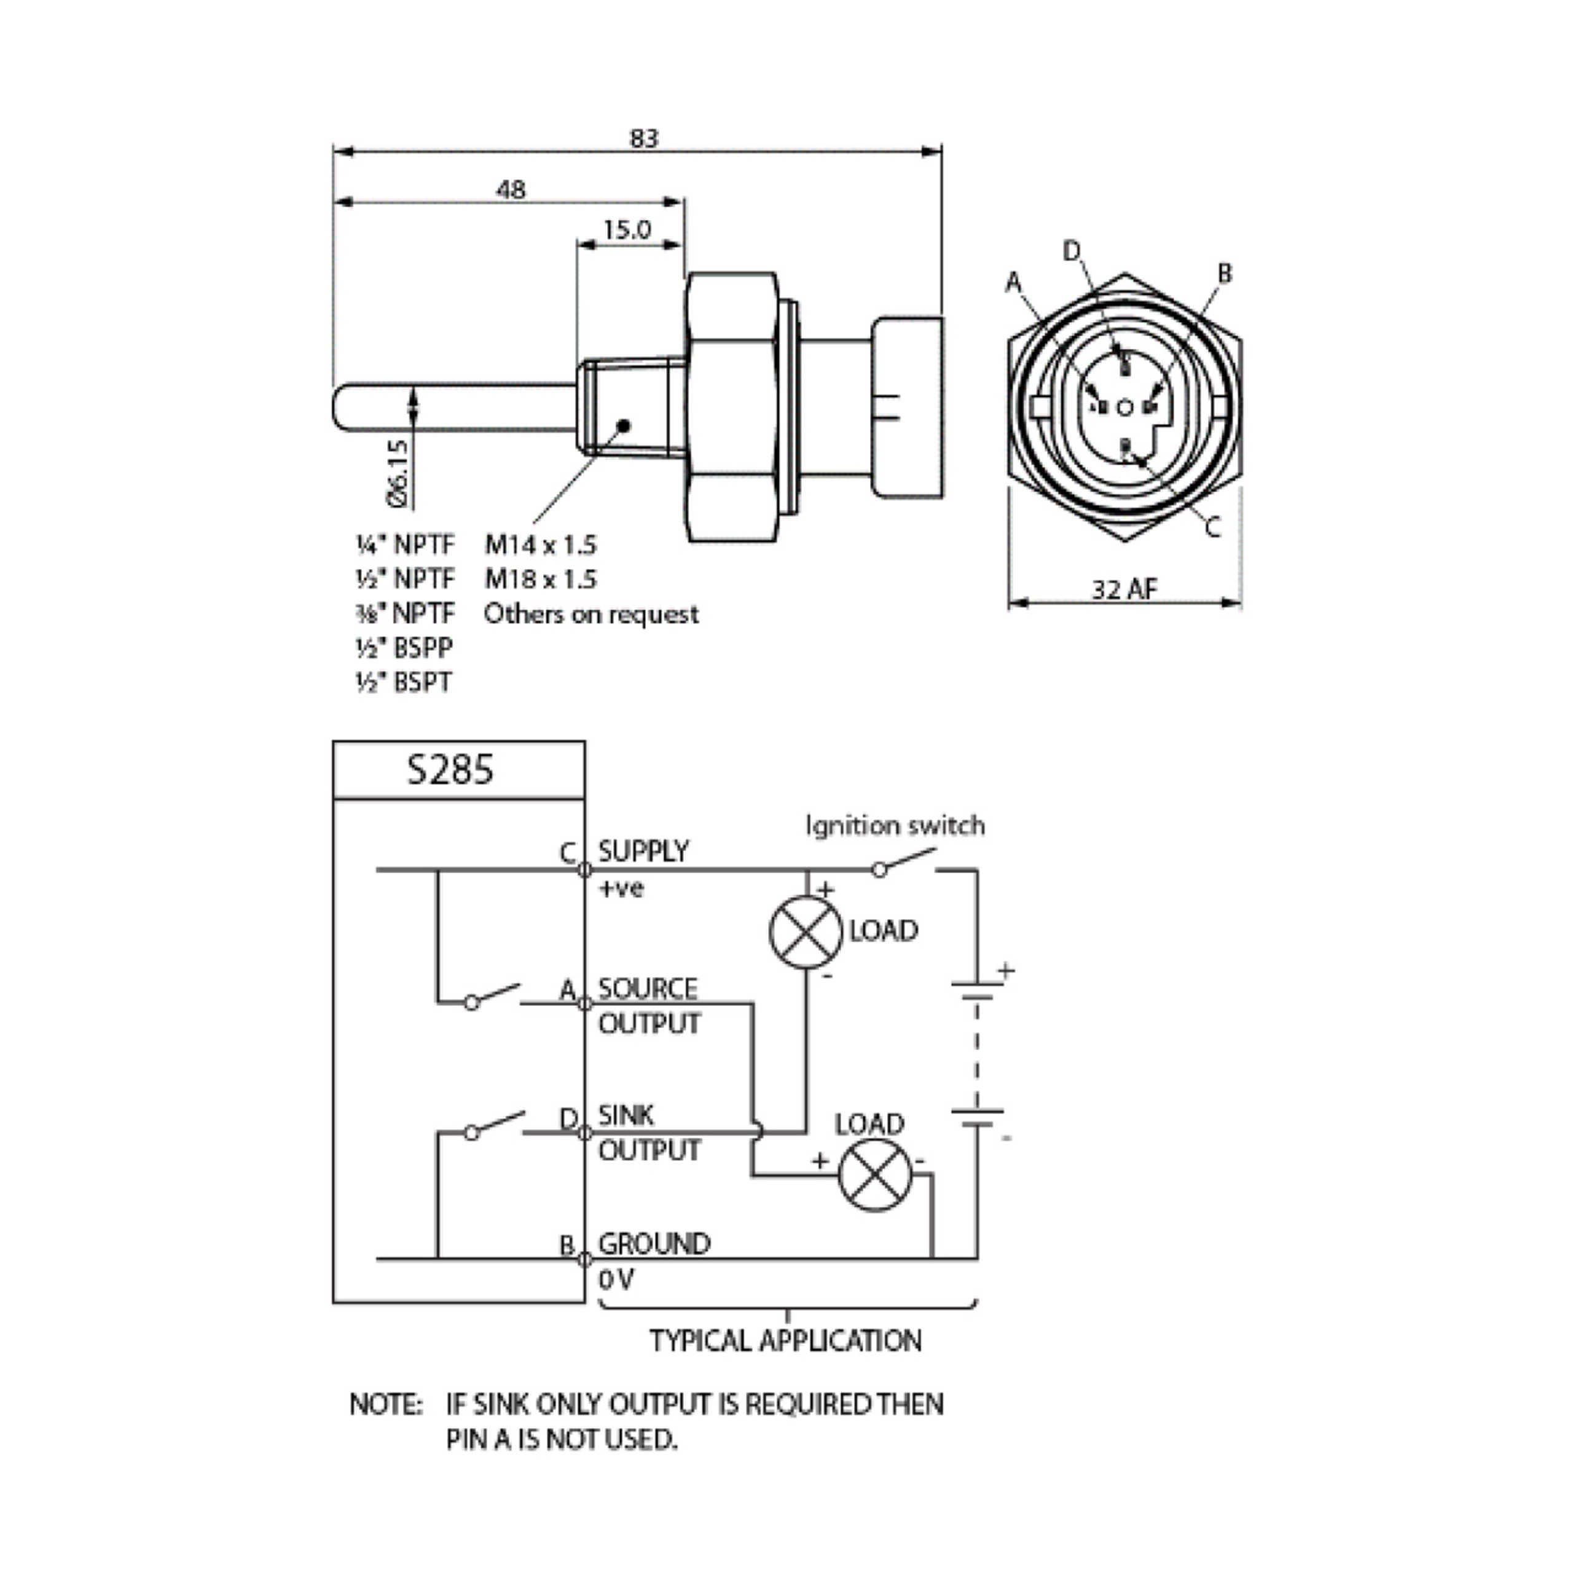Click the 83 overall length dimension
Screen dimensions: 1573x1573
[x=643, y=138]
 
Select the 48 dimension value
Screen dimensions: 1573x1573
[x=511, y=190]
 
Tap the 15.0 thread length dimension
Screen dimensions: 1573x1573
[x=627, y=230]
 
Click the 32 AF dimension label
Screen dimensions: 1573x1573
[x=1124, y=589]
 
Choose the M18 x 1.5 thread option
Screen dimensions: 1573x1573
[x=541, y=579]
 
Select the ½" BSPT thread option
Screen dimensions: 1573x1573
[x=404, y=682]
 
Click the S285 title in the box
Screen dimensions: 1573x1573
[x=450, y=769]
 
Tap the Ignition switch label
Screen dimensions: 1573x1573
[x=895, y=826]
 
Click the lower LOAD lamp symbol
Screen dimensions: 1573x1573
[x=875, y=1175]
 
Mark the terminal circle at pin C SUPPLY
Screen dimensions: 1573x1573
[x=584, y=869]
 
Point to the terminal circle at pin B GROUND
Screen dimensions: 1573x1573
[x=584, y=1260]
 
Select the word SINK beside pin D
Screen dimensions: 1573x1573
[x=626, y=1115]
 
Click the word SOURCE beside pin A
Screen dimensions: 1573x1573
[x=648, y=989]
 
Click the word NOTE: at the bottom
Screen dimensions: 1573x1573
[x=386, y=1405]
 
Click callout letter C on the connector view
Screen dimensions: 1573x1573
[x=1212, y=528]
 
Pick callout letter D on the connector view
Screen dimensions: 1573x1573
[x=1072, y=251]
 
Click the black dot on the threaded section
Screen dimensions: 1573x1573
[x=624, y=425]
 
